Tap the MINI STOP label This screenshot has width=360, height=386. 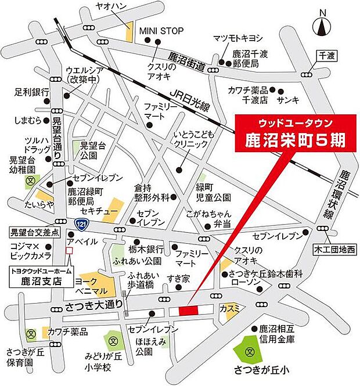click(160, 31)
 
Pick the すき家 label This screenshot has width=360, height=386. click(178, 279)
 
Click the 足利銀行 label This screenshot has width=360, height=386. click(33, 92)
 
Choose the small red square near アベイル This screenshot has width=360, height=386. click(70, 251)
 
